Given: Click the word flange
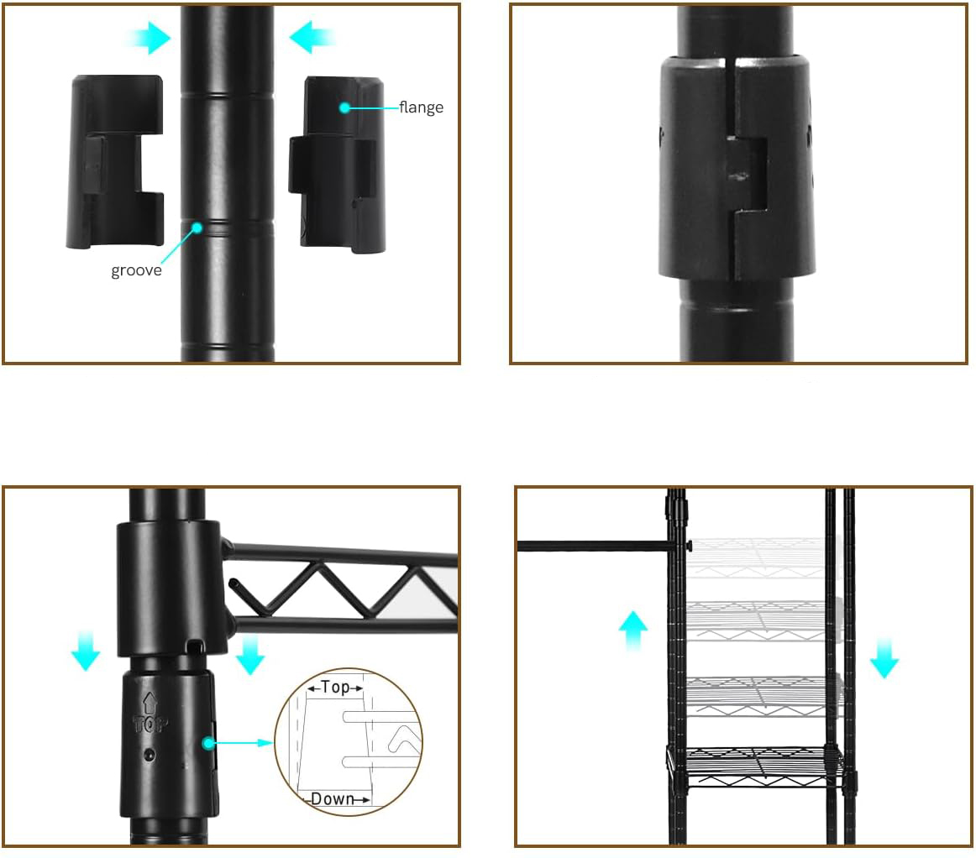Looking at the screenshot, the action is pos(422,107).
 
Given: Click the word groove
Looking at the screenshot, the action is pos(136,270).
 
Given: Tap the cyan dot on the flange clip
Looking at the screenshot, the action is pos(344,107).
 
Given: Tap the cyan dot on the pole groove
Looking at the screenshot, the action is pos(197,228).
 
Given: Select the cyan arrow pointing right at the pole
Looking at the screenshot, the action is pos(148,37).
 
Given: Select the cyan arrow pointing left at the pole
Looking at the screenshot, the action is pos(312,37).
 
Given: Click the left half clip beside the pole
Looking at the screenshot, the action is pos(115,162).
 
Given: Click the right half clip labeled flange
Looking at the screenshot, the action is pos(338,165).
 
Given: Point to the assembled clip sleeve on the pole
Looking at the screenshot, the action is pos(737,167).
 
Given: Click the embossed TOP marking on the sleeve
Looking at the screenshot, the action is pos(150,714).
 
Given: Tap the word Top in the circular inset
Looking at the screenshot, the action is pos(335,687).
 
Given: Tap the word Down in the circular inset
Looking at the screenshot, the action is pos(333,799).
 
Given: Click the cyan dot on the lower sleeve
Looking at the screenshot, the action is pos(208,743).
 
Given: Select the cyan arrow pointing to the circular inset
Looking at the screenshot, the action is pos(243,743).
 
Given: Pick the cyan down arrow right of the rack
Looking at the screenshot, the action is pos(884,657).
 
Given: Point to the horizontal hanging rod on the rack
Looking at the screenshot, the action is pos(597,546).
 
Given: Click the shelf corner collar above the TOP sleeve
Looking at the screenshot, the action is pos(169,588).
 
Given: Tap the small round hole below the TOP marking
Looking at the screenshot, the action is pos(149,756).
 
